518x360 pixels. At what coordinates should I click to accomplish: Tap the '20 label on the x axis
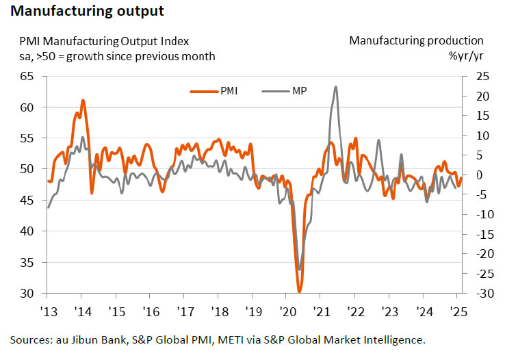[286, 309]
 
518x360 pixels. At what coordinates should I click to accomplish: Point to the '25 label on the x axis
[457, 309]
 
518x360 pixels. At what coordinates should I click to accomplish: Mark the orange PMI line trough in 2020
[300, 292]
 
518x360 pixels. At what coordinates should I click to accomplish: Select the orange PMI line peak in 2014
[83, 101]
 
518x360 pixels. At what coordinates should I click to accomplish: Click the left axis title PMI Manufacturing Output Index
[104, 41]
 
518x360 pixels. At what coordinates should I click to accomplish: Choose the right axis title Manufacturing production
[416, 41]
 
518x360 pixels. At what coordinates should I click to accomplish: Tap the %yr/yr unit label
[466, 55]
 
